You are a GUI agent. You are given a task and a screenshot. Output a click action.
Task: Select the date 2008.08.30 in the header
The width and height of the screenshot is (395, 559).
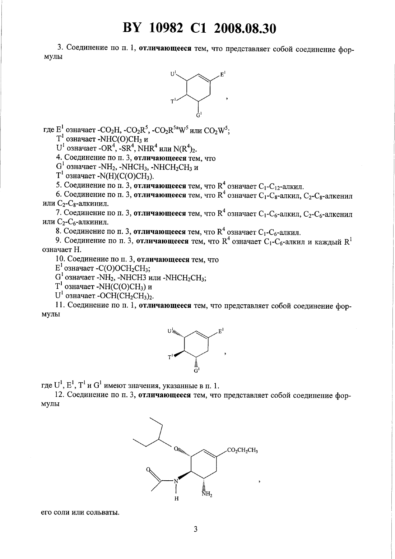245,28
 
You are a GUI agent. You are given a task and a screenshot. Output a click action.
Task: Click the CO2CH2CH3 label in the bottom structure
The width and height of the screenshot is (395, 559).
242,450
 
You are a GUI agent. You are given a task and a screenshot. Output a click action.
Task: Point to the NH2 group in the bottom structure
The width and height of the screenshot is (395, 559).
207,494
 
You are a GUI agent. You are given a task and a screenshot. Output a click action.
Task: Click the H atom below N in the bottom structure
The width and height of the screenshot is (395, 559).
177,499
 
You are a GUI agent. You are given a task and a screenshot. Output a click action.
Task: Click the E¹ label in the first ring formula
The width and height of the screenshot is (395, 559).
223,74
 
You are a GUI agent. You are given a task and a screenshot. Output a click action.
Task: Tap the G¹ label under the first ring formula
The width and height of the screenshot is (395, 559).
199,115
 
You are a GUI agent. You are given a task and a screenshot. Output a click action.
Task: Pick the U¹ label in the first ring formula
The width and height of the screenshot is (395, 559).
173,74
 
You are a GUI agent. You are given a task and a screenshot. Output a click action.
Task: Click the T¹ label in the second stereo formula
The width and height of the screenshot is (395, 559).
171,357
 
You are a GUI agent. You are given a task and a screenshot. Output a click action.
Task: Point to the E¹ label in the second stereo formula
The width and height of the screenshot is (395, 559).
221,331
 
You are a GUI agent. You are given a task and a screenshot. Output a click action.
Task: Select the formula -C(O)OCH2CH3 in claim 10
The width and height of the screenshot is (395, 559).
123,268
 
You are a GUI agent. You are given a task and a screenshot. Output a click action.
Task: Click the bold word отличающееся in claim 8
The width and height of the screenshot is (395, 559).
159,232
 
